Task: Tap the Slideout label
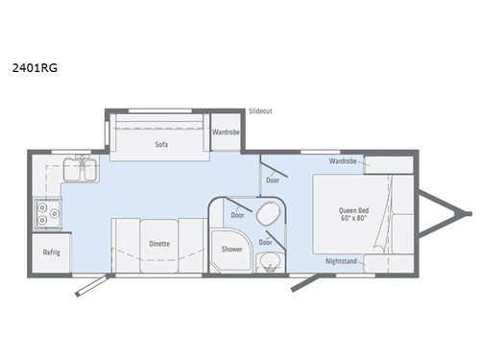(260, 110)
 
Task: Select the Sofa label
(161, 144)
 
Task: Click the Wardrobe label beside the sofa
(226, 132)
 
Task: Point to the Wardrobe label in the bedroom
(343, 161)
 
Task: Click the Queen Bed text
(355, 210)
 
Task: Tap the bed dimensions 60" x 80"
(355, 220)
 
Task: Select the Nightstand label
(343, 260)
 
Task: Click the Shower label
(231, 249)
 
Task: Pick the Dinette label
(159, 244)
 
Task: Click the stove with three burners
(44, 213)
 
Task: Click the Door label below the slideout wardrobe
(273, 179)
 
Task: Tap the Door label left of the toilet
(236, 215)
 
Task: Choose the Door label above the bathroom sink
(264, 242)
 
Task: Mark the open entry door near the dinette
(92, 284)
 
